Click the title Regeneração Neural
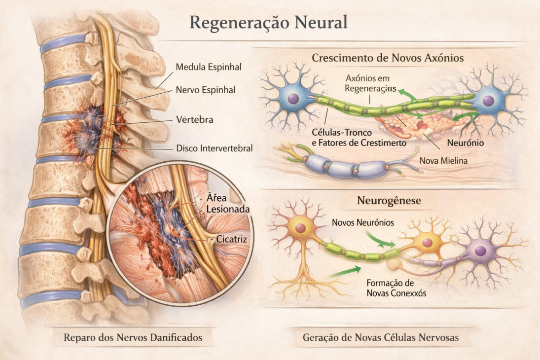[269, 23]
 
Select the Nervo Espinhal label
[206, 90]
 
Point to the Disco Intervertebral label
[215, 148]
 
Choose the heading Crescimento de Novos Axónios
[388, 58]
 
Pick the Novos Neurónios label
[363, 222]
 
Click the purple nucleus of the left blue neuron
[293, 99]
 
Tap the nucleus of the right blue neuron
[488, 101]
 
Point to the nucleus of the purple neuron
[480, 251]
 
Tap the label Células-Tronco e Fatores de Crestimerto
[359, 138]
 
